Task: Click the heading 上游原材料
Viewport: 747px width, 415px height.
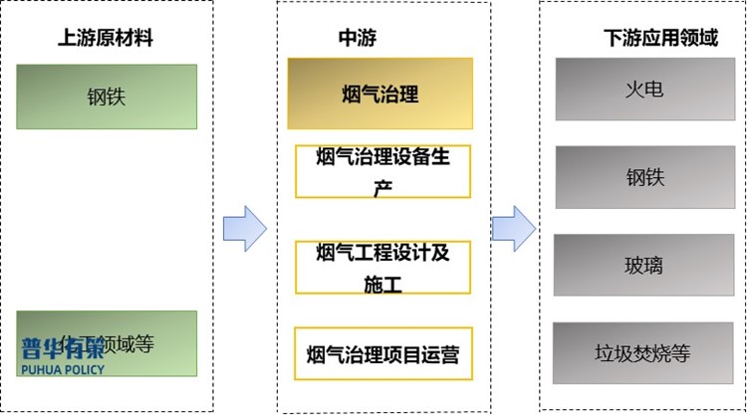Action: tap(107, 39)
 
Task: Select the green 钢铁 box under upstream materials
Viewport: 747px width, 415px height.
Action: tap(107, 97)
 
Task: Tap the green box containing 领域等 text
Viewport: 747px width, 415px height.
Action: tap(107, 343)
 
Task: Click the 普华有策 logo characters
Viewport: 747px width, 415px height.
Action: tap(63, 349)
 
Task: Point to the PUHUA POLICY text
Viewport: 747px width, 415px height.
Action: tap(63, 369)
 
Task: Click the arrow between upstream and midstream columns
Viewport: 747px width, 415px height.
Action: tap(244, 228)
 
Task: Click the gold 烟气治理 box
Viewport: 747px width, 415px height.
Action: tap(378, 95)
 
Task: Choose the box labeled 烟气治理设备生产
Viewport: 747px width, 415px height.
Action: tap(382, 171)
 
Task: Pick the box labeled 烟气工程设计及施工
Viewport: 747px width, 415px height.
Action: tap(382, 267)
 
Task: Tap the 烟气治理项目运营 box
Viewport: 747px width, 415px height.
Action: tap(382, 353)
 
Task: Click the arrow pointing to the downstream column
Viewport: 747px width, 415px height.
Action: tap(514, 228)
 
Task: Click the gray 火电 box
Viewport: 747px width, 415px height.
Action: tap(644, 89)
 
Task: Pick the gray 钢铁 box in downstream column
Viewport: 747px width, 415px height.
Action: tap(644, 177)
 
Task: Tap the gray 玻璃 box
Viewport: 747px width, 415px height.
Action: tap(644, 266)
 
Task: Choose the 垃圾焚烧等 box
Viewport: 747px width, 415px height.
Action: tap(644, 352)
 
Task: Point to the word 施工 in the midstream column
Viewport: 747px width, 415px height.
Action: tap(382, 284)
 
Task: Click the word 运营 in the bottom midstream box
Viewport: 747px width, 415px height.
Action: tap(438, 353)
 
